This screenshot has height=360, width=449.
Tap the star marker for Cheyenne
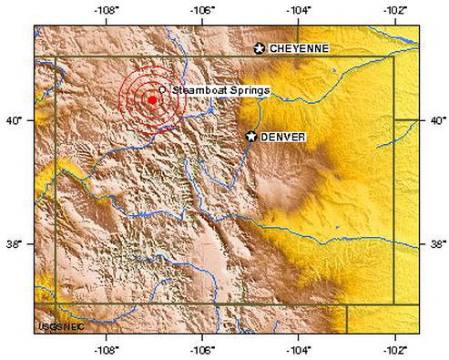[x=260, y=47]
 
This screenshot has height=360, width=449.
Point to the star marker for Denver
[x=251, y=136]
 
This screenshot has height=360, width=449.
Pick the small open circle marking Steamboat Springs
[x=161, y=89]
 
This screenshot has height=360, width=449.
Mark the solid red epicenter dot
[x=151, y=100]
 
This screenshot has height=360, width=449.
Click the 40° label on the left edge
[x=16, y=119]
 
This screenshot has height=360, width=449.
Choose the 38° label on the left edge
[x=16, y=244]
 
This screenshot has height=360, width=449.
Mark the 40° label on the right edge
[x=436, y=119]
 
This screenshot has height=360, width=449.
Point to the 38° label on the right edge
[x=436, y=244]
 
